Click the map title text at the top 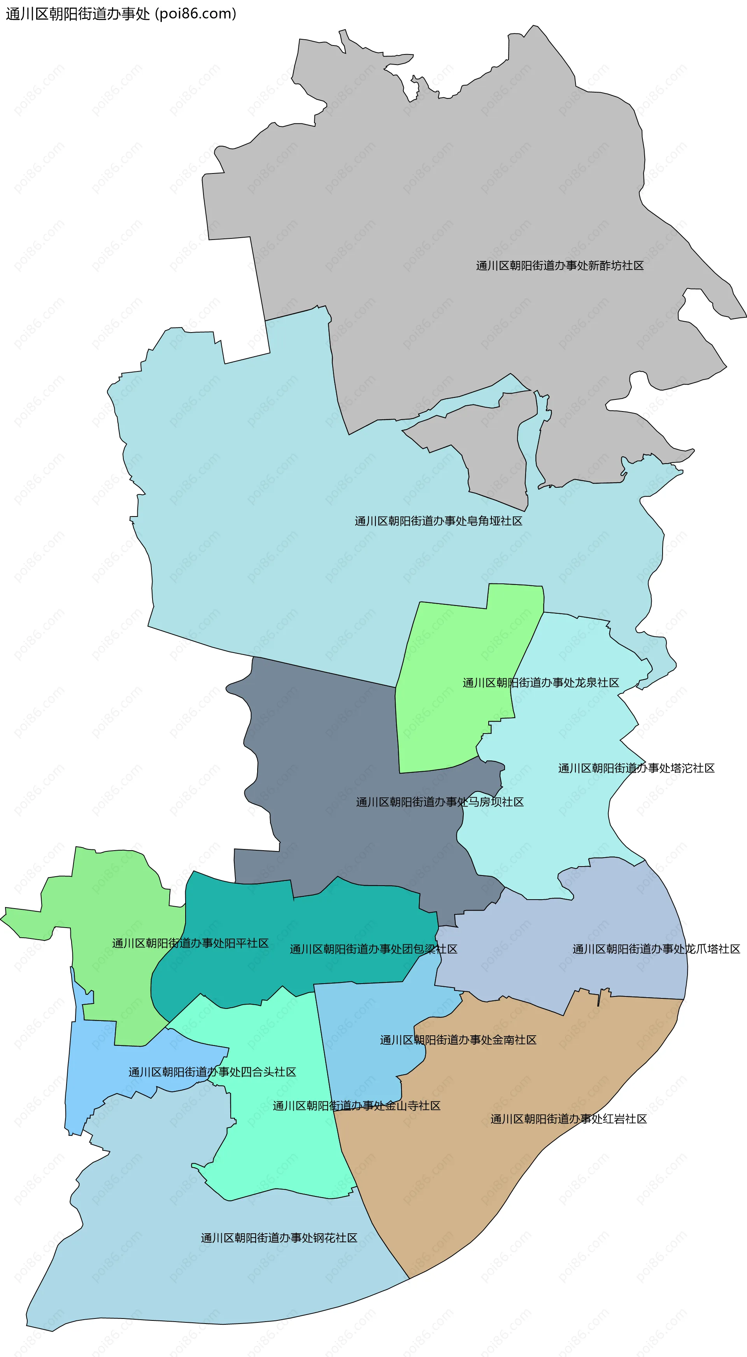point(121,14)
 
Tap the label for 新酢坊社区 point(559,266)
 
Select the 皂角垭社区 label point(438,521)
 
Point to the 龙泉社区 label point(540,683)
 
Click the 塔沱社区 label point(636,768)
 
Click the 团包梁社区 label point(373,949)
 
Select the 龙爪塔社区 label point(656,949)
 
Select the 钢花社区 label point(279,1238)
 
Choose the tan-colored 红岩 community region point(474,1185)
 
